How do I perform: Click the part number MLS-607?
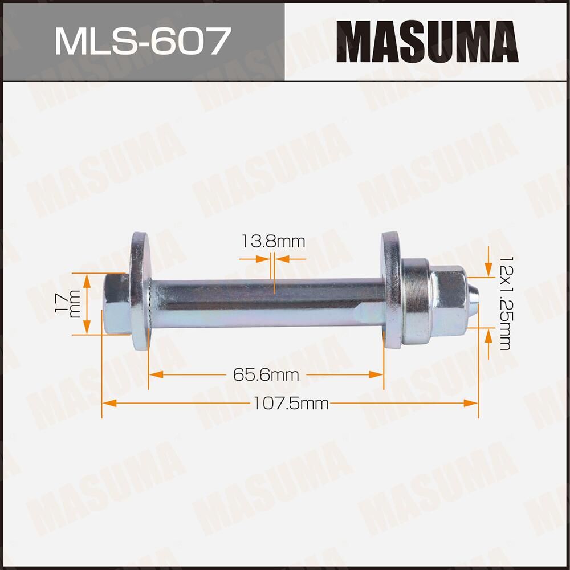142,41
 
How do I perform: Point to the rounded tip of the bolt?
474,299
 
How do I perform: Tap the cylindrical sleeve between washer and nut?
415,302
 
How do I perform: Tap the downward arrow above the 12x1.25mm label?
488,268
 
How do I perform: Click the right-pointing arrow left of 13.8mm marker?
266,258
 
